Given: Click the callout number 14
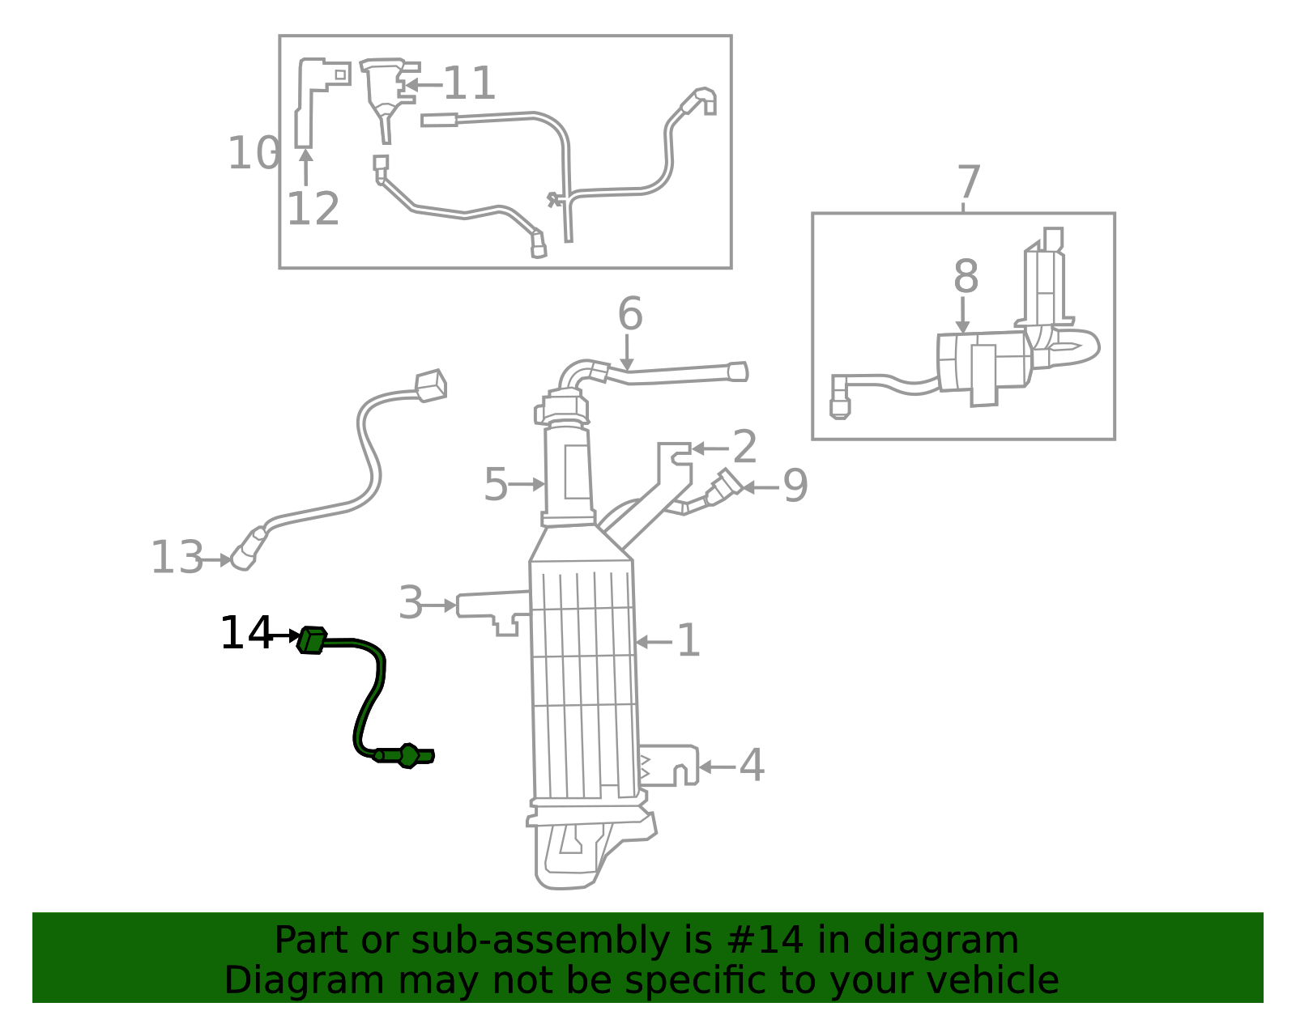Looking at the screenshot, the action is point(245,633).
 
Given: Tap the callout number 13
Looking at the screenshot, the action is point(177,558).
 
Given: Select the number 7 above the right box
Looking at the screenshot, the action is point(969,182).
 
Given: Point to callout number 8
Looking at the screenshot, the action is point(966,277).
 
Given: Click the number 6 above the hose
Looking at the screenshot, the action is point(630,313).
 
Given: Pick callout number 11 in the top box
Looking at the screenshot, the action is point(469,83).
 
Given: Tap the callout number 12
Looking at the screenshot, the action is point(313,209).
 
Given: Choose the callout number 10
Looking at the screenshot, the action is point(253,153).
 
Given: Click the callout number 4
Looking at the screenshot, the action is point(752,765).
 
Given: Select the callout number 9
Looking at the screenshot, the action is point(795,486).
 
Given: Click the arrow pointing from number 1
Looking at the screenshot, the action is point(654,642).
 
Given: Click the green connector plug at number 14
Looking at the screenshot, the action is point(311,639).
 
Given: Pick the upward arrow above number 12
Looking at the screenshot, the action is point(306,168).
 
